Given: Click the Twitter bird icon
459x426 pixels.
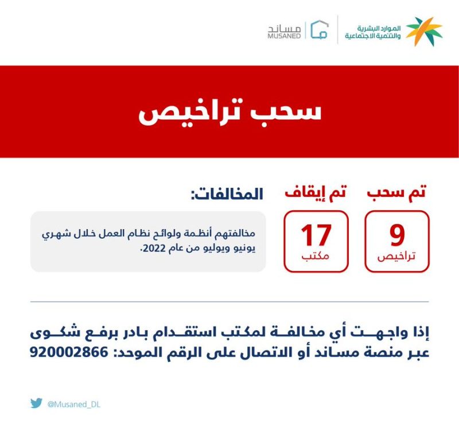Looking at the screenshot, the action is pyautogui.click(x=36, y=403).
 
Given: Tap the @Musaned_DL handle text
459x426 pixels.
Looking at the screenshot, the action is pyautogui.click(x=74, y=405).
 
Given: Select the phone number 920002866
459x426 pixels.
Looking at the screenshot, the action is pyautogui.click(x=69, y=352).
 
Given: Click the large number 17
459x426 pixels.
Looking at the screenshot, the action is pyautogui.click(x=316, y=235).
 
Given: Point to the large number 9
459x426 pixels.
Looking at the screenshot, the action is pyautogui.click(x=397, y=235).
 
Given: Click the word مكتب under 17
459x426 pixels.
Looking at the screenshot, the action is pyautogui.click(x=315, y=257).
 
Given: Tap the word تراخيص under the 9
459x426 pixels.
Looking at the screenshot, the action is pyautogui.click(x=396, y=257).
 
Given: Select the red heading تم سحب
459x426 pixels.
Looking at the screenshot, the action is pyautogui.click(x=396, y=193).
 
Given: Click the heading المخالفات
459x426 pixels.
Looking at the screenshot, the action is pyautogui.click(x=227, y=194).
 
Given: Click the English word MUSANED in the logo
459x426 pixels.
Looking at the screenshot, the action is pyautogui.click(x=284, y=36).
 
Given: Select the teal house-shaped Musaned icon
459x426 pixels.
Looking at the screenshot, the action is pyautogui.click(x=320, y=29).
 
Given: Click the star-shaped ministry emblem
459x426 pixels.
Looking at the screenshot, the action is pyautogui.click(x=424, y=31).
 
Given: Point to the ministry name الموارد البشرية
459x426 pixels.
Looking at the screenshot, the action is pyautogui.click(x=379, y=29).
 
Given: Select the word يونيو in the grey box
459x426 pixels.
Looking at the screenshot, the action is pyautogui.click(x=245, y=249).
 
